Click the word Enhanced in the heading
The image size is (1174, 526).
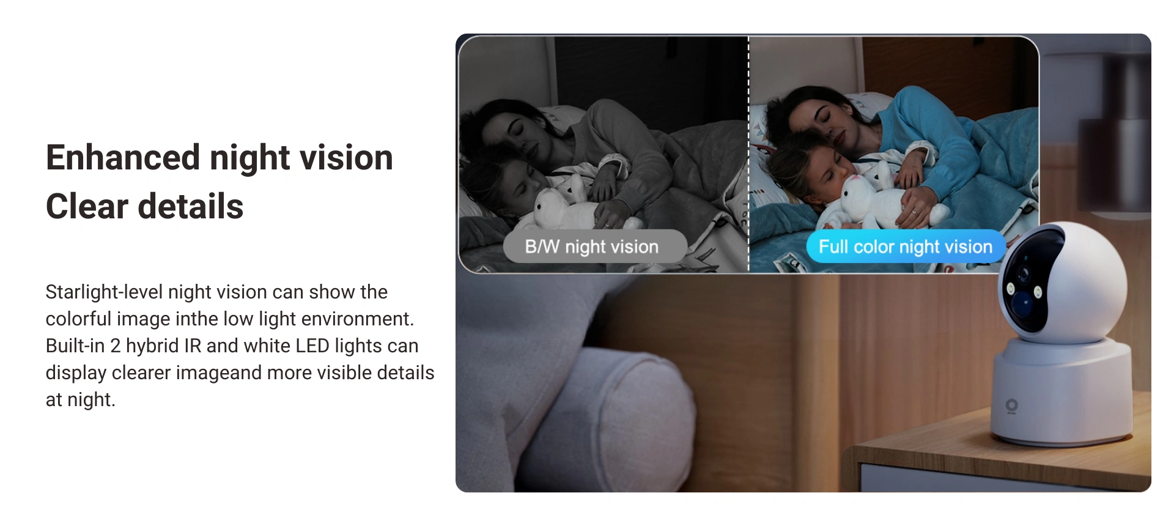point(123,157)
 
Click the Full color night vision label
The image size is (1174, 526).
point(905,246)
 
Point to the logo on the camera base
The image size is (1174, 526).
point(1011,406)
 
